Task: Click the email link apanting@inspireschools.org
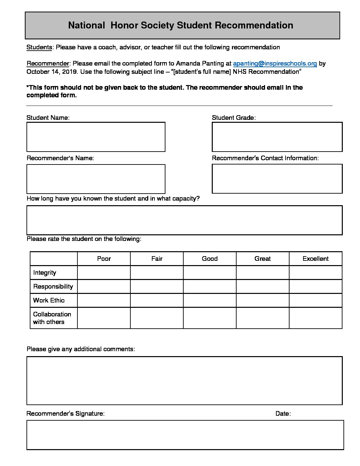tap(275, 64)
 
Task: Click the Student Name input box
tap(96, 137)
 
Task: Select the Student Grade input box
tap(277, 137)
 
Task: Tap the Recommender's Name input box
tap(96, 179)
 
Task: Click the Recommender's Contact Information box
tap(277, 179)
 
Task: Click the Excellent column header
tap(315, 259)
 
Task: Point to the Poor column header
tap(104, 259)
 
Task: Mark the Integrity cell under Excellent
tap(315, 273)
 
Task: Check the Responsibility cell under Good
tap(209, 287)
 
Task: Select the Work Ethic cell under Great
tap(262, 301)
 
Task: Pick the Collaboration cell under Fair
tap(157, 318)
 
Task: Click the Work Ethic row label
tap(49, 301)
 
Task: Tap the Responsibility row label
tap(53, 287)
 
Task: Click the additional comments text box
tap(184, 381)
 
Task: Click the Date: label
tap(283, 414)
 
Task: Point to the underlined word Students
tap(39, 47)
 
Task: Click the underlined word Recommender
tap(48, 64)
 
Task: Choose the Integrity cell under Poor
tap(104, 273)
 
